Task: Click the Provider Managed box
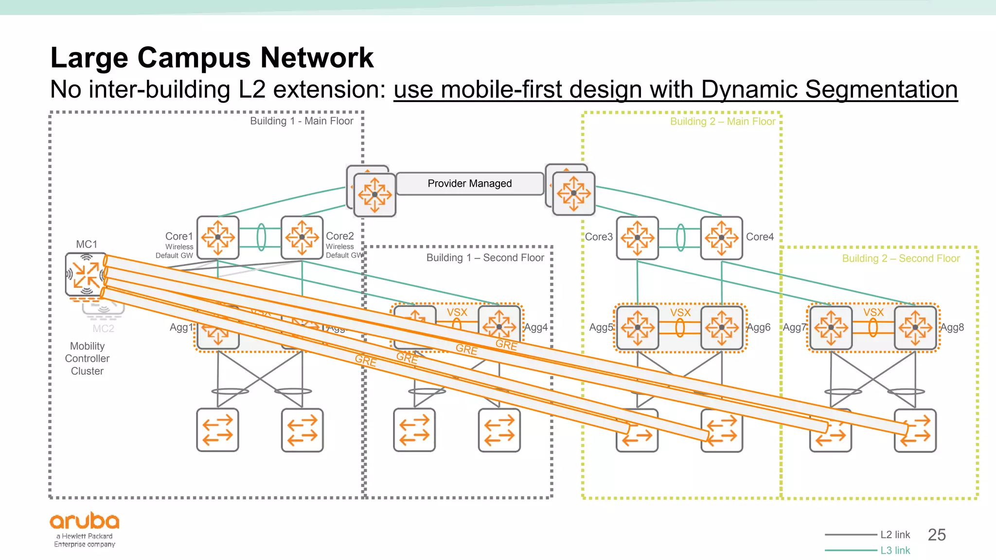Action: click(469, 184)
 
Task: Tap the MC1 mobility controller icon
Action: click(86, 275)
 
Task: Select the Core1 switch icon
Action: click(218, 237)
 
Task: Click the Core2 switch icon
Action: click(302, 237)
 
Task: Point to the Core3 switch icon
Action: click(637, 238)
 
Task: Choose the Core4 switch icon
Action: click(721, 238)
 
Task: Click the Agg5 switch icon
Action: click(637, 327)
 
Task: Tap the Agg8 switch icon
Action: click(915, 327)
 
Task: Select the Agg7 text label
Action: click(794, 328)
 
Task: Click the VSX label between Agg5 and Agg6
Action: click(680, 313)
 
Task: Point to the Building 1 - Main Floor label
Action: click(302, 121)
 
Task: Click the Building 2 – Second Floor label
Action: click(901, 259)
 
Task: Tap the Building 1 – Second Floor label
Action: click(485, 258)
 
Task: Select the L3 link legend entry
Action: click(895, 550)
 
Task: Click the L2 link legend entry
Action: click(895, 535)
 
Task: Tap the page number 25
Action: click(936, 535)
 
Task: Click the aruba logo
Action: click(85, 522)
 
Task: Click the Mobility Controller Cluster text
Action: click(87, 358)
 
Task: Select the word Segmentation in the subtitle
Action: click(881, 90)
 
